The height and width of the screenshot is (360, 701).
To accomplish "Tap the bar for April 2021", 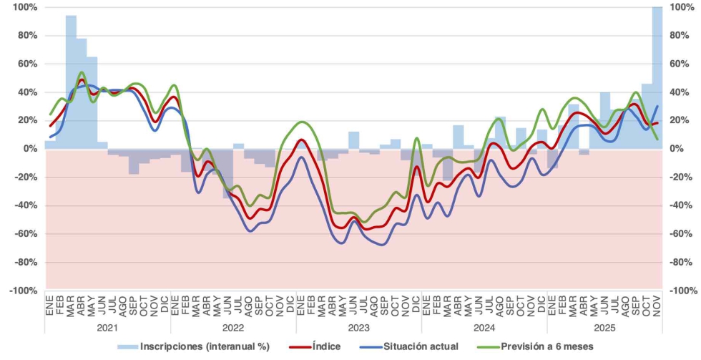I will point(82,93).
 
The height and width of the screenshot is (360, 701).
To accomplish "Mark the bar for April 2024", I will point(459,137).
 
